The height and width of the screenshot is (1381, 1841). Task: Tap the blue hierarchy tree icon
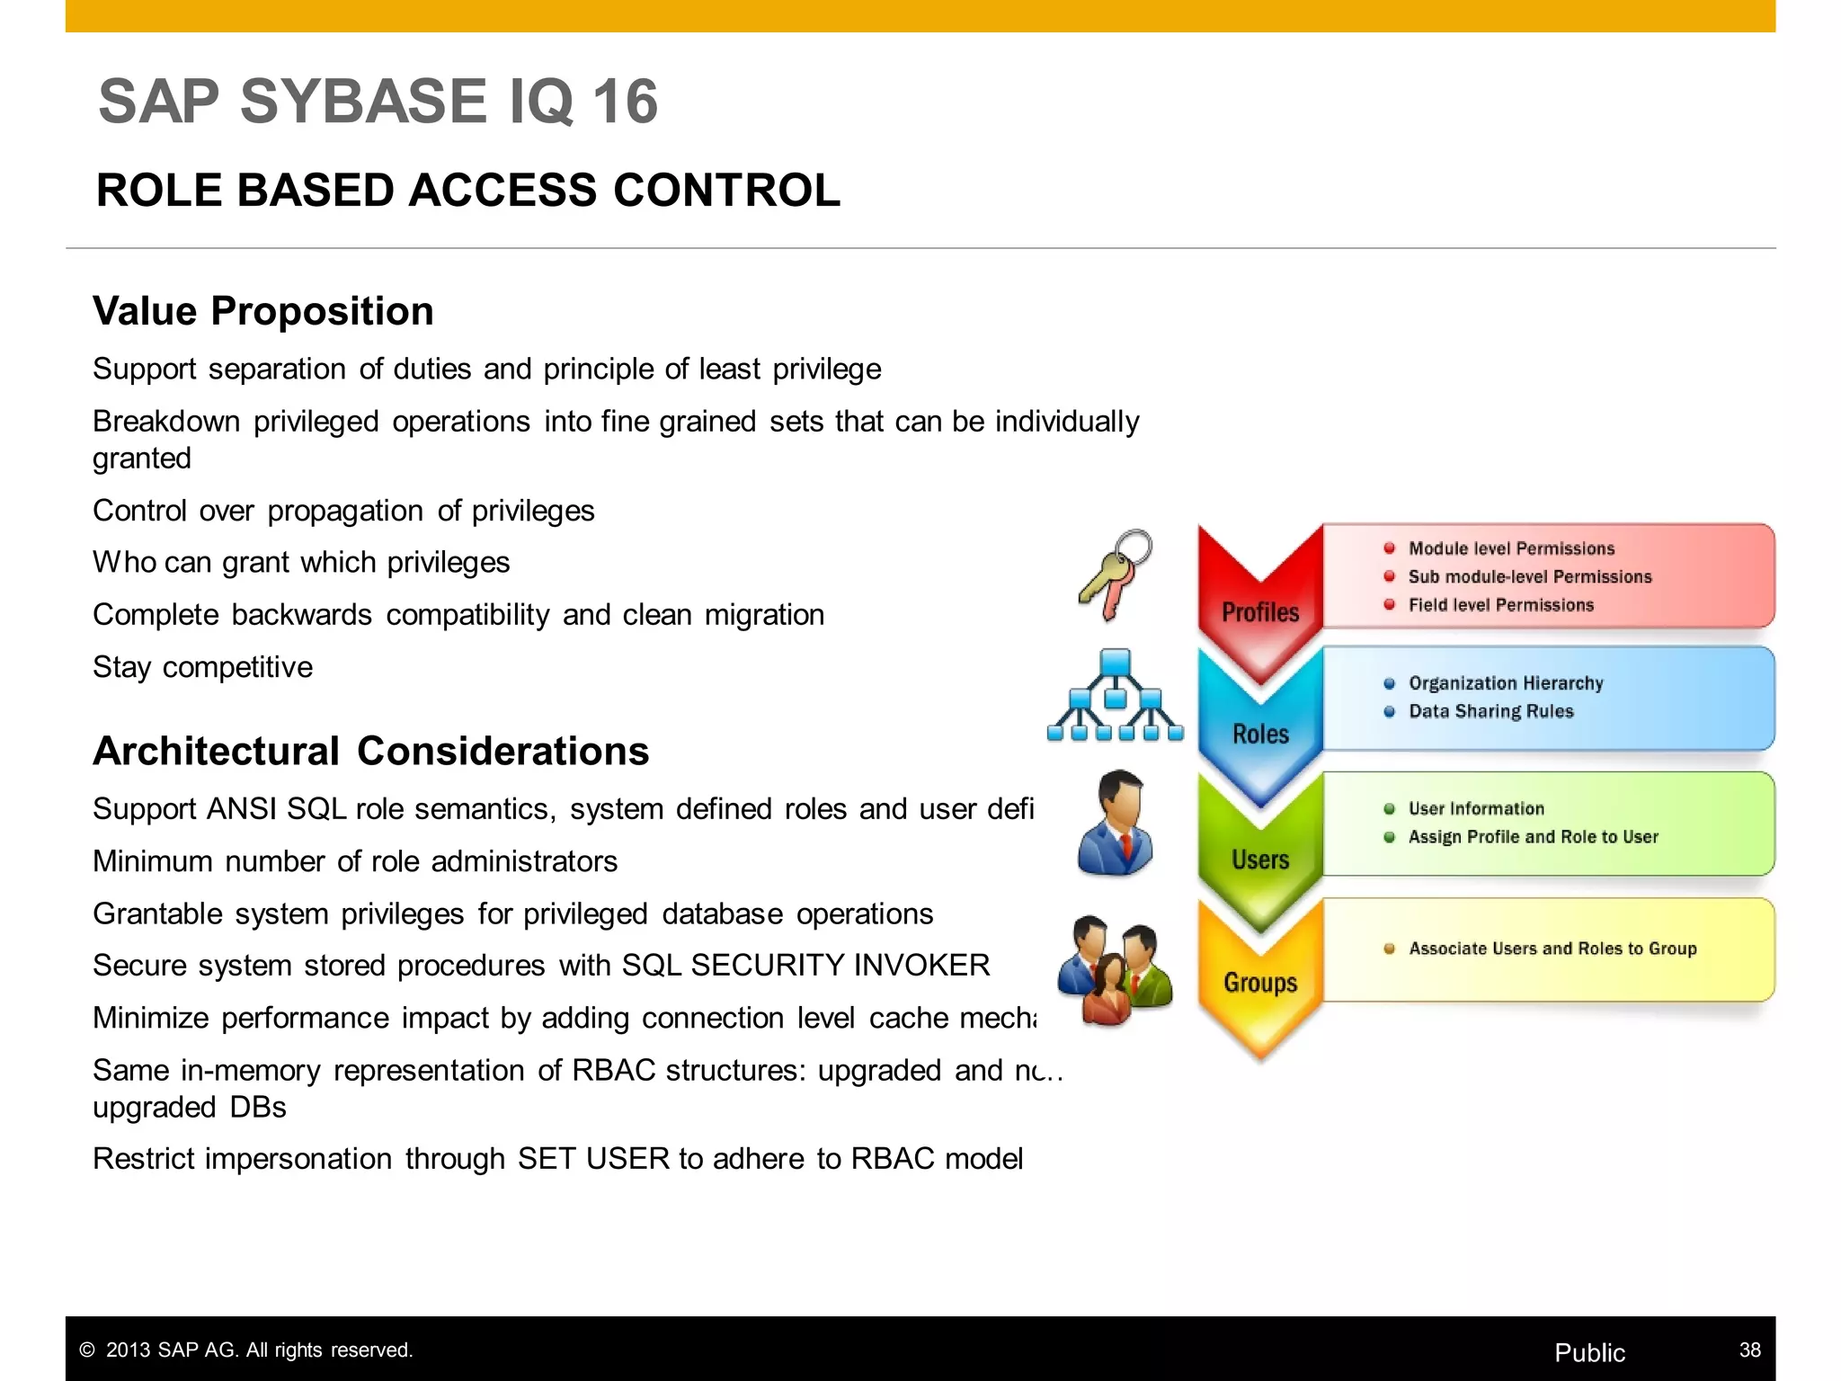(1115, 696)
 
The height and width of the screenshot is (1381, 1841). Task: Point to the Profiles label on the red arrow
(1260, 613)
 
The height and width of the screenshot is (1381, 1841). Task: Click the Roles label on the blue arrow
(1260, 735)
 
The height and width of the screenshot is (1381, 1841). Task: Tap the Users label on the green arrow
(1260, 860)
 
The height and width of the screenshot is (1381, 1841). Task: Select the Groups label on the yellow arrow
(1260, 983)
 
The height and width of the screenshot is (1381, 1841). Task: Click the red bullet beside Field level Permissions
(1389, 605)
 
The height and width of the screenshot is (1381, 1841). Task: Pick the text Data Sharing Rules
(1490, 711)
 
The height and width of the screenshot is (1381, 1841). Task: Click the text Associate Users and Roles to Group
(1552, 949)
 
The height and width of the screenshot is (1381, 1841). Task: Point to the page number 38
(1749, 1350)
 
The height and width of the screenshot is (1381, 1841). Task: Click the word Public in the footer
(1589, 1352)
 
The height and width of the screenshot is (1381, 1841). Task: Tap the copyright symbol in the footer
(87, 1350)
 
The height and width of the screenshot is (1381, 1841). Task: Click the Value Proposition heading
(263, 312)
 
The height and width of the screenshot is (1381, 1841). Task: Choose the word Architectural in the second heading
(217, 752)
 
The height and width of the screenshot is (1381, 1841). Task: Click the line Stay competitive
(203, 667)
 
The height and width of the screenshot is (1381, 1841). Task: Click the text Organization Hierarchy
(1506, 683)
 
